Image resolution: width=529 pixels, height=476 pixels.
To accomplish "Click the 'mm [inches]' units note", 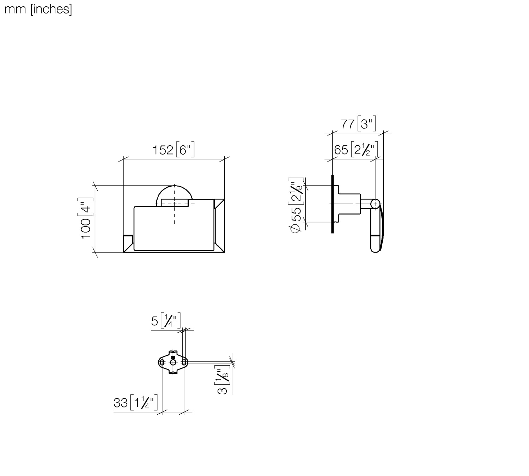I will (x=38, y=9).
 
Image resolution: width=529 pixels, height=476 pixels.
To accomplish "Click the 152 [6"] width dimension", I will (x=173, y=150).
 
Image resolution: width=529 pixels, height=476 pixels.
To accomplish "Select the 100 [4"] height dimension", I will (x=86, y=218).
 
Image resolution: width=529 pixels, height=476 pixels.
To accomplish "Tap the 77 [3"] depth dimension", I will (x=358, y=124).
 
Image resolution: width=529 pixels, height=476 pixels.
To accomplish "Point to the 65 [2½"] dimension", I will (x=355, y=150).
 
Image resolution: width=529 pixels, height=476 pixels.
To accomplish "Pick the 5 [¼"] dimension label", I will (x=166, y=321).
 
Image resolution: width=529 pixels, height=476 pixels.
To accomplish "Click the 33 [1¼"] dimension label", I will (x=135, y=403).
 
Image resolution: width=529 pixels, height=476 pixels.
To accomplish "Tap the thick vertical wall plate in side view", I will (x=332, y=204).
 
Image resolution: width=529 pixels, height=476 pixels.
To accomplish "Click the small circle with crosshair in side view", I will (x=375, y=204).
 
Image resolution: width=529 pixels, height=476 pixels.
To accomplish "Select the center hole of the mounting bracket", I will (x=173, y=362).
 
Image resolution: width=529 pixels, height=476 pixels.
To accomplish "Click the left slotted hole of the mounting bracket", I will (x=162, y=362).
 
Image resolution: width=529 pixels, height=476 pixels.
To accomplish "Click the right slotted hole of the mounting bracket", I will (x=184, y=362).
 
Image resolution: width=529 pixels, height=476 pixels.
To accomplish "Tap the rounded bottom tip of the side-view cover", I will (x=376, y=249).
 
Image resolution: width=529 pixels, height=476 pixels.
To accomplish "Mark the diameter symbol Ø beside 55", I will (x=296, y=228).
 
